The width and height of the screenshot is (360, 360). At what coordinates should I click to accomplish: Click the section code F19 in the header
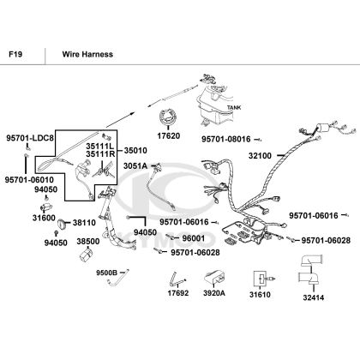click(x=15, y=54)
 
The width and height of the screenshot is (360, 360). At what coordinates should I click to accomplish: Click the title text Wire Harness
click(x=87, y=54)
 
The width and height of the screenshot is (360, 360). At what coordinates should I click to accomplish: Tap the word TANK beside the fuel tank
click(x=234, y=107)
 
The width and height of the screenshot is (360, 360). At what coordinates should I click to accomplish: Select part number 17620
click(x=169, y=136)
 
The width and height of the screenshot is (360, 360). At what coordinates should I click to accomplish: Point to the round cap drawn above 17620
click(x=168, y=117)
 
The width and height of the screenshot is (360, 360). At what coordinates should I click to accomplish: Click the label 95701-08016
click(x=226, y=140)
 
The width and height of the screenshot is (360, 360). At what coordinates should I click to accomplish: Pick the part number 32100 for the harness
click(x=260, y=156)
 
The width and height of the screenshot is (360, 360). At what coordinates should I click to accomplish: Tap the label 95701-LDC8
click(x=30, y=138)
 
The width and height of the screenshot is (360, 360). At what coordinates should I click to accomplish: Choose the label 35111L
click(x=100, y=147)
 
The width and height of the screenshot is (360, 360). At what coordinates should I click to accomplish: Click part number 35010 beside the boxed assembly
click(x=135, y=150)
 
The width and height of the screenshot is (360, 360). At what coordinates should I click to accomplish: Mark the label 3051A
click(x=135, y=165)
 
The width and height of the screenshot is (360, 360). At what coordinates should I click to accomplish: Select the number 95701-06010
click(x=29, y=180)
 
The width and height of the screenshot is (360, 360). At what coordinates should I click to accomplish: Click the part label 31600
click(x=44, y=218)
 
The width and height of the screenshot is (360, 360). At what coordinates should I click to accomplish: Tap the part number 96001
click(x=194, y=238)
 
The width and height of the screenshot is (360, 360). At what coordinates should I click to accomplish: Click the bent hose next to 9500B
click(x=118, y=278)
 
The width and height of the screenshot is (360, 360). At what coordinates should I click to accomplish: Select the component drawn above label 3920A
click(x=214, y=277)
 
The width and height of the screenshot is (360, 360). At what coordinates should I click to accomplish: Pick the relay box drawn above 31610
click(x=260, y=279)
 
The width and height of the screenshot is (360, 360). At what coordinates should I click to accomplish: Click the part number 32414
click(x=314, y=297)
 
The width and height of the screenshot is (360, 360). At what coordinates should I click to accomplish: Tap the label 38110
click(x=84, y=223)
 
